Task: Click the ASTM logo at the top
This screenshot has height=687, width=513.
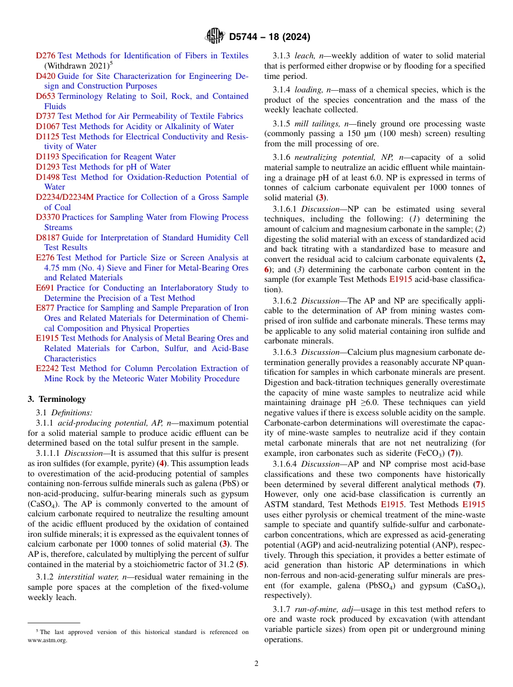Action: point(214,37)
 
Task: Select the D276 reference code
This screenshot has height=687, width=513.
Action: point(45,56)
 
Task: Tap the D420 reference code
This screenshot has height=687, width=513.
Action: point(45,76)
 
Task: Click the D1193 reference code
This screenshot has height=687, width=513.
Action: point(48,157)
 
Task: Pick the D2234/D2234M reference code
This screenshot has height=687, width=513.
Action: point(65,197)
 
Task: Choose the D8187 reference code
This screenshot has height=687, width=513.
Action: point(48,238)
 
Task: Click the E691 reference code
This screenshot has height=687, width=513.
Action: point(45,288)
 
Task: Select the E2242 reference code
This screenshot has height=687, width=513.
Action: point(47,368)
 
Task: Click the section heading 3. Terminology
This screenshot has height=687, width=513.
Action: point(57,399)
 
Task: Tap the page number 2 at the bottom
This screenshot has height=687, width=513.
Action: point(256,664)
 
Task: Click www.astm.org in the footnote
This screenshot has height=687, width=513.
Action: point(48,641)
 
